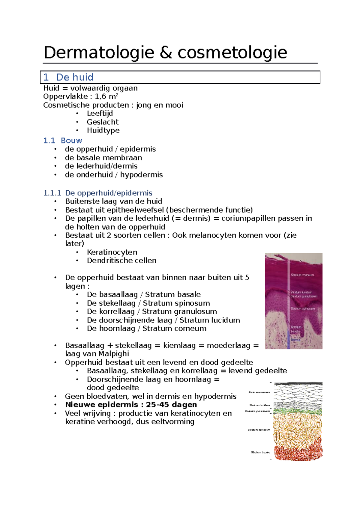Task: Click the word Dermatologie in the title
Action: [99, 53]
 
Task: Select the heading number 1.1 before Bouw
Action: [49, 141]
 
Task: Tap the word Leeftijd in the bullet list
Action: [100, 113]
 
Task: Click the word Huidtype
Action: [103, 130]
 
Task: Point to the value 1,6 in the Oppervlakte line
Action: [100, 97]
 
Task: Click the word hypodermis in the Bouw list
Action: [141, 175]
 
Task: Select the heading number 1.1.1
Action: [52, 193]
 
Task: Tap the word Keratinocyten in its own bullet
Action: [112, 252]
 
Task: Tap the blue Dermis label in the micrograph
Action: [295, 340]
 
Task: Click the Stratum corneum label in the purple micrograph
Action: [302, 275]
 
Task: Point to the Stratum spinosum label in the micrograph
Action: [302, 308]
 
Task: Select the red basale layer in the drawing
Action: [297, 453]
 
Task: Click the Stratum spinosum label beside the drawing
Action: [259, 430]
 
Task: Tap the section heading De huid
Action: [75, 77]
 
